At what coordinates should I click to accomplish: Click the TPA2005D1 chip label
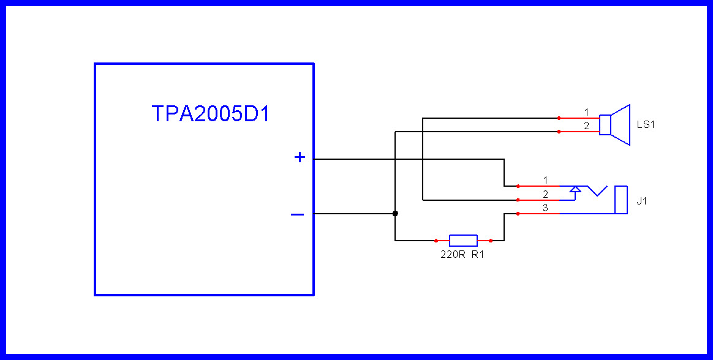pos(210,114)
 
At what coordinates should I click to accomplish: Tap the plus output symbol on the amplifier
pos(300,157)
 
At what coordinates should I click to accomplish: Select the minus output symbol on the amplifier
pos(297,214)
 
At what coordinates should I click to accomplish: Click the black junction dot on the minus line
pos(395,214)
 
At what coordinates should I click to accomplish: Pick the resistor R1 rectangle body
pos(463,241)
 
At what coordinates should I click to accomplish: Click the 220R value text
pos(452,255)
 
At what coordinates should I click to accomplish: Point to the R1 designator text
pos(478,255)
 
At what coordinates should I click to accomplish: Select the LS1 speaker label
pos(646,125)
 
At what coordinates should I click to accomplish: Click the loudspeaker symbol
pos(615,125)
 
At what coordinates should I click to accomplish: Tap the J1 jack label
pos(641,201)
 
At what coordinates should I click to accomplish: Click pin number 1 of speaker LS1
pos(586,112)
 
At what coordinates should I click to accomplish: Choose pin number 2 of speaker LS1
pos(586,126)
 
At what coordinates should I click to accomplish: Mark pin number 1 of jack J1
pos(545,180)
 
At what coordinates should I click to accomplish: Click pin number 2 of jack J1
pos(545,194)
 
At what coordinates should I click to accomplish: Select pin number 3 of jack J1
pos(545,208)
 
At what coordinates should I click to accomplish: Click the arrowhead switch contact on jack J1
pos(575,190)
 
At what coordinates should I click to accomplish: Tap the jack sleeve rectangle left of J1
pos(621,200)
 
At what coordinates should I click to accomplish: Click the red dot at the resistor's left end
pos(436,241)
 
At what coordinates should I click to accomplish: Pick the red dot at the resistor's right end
pos(491,241)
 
